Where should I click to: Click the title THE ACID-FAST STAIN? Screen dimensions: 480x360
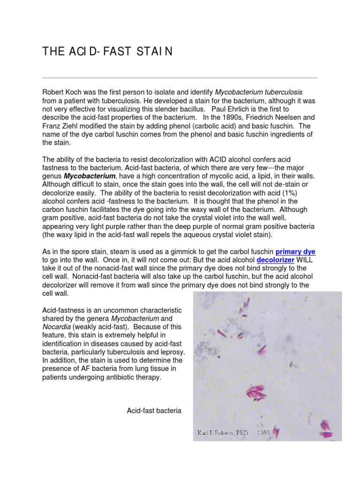pos(107,52)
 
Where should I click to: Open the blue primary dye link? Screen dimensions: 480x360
pos(295,252)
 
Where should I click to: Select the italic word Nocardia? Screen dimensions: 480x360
pos(57,327)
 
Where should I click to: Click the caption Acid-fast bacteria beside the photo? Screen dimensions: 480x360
pos(154,411)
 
